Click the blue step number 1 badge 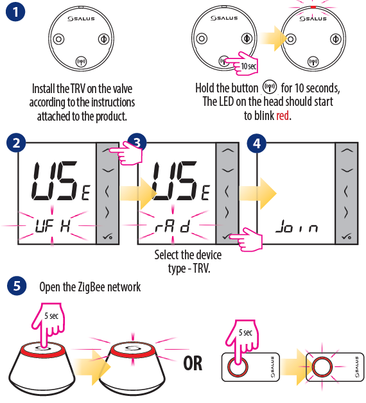point(15,12)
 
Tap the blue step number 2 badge point(16,143)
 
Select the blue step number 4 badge point(256,143)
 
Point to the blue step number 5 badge point(17,286)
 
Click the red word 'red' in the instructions point(283,116)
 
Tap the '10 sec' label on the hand point(248,66)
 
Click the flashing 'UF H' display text point(53,226)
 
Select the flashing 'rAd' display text point(172,226)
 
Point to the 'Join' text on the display point(297,227)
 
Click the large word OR point(193,363)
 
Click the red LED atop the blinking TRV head point(313,7)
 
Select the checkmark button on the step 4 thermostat point(347,236)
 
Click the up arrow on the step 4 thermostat point(347,151)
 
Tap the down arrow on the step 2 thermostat point(108,170)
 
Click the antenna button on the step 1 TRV point(81,62)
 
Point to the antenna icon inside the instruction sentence point(270,87)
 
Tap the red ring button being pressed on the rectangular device point(238,366)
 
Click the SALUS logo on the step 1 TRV point(81,19)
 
